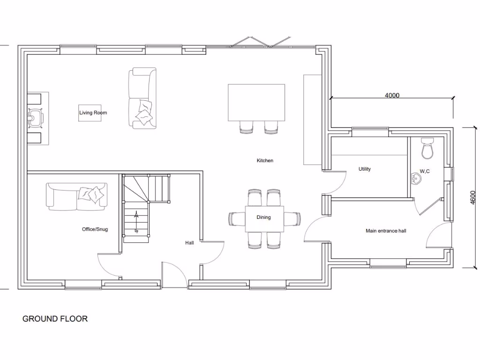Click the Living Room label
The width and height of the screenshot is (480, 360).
(93, 112)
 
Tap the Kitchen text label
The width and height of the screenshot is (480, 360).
(265, 161)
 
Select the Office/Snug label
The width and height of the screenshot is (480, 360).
(95, 229)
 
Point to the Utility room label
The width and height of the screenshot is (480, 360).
(365, 169)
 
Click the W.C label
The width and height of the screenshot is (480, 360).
(425, 172)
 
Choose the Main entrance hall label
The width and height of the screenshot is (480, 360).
(386, 231)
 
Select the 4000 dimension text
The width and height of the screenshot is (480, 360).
(392, 96)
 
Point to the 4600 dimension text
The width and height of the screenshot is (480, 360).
(472, 197)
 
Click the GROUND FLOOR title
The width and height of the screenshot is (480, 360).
(55, 319)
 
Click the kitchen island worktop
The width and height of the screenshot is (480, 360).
(256, 102)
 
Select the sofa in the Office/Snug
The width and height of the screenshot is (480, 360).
(76, 196)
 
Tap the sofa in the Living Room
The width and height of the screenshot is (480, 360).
(142, 98)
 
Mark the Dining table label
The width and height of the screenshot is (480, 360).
(264, 217)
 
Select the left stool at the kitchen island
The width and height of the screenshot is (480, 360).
(247, 127)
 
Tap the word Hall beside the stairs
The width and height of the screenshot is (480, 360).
(189, 243)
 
